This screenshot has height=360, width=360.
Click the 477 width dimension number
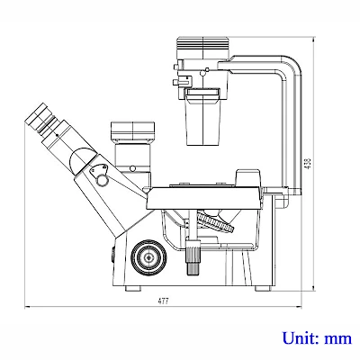click(164, 301)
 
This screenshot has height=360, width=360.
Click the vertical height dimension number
click(308, 164)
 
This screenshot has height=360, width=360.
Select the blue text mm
click(337, 339)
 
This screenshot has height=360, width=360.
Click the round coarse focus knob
click(149, 256)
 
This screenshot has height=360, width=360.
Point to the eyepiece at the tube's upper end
click(40, 118)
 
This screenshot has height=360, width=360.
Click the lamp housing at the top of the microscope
click(203, 48)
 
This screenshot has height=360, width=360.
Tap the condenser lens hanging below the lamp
click(202, 117)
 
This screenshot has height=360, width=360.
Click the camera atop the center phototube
click(132, 132)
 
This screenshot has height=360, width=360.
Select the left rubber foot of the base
click(133, 288)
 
